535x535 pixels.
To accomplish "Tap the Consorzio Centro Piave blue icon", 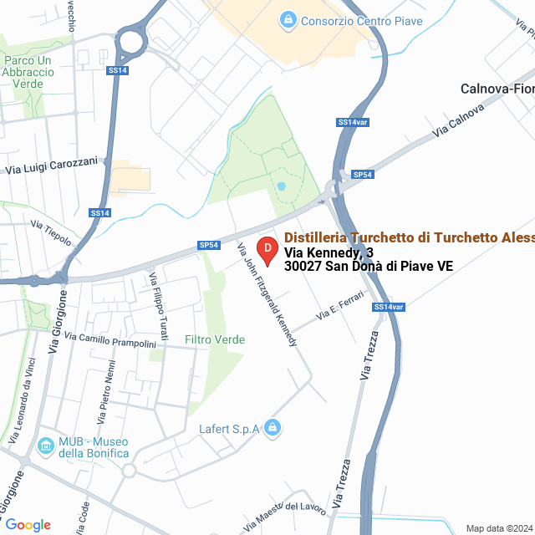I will click(x=288, y=19).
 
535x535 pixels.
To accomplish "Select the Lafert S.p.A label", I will click(x=231, y=430).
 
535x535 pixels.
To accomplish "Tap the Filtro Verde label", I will click(x=215, y=339).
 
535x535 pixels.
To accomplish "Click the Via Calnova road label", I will click(x=459, y=121).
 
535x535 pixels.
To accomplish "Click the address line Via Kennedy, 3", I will click(x=329, y=252).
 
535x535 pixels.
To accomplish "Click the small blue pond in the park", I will click(x=282, y=186).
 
